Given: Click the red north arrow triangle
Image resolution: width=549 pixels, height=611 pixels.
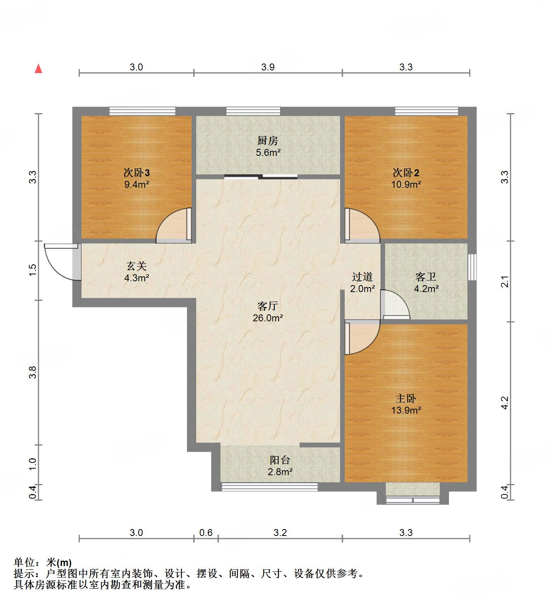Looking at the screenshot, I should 38,69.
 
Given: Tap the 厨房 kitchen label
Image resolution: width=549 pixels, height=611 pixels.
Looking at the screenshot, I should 268,141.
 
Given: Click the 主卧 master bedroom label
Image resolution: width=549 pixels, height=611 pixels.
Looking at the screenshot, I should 405,399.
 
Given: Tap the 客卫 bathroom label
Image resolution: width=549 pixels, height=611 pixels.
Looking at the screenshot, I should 426,277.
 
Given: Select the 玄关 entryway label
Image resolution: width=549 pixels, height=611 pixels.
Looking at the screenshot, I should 136,266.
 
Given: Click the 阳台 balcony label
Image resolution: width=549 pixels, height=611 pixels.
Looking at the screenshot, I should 280,460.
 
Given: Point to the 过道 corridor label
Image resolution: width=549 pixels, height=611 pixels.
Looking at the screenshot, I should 362,277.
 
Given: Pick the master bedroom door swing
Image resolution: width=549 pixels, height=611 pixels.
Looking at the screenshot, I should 362,338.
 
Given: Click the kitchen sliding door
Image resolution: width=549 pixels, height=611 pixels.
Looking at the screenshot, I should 261,177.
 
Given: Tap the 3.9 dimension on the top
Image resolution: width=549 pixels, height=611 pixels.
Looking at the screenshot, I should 268,67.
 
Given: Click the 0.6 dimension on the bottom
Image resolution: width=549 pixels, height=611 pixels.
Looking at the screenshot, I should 206,533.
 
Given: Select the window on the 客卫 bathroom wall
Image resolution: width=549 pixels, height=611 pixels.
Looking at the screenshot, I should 472,267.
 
